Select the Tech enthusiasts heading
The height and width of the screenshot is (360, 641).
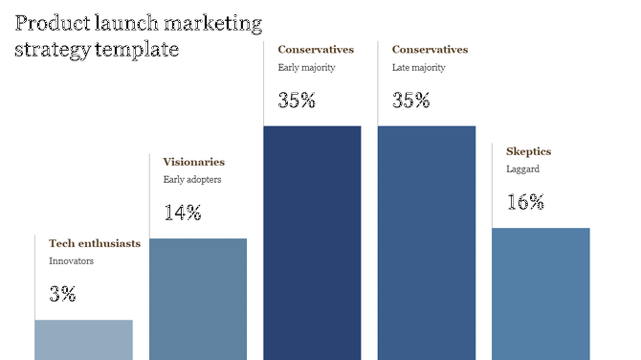point(95,243)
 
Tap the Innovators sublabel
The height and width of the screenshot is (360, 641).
point(72,260)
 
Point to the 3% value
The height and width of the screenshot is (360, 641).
point(62,295)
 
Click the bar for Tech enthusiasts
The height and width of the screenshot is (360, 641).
point(83,339)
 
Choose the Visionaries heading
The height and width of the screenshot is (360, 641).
point(194,162)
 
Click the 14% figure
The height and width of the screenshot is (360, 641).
point(182,214)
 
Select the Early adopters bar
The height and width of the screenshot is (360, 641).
point(198,298)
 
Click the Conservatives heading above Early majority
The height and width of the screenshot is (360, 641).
point(316,49)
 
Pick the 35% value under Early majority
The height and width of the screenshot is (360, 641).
point(297,101)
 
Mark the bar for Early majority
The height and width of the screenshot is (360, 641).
point(312,242)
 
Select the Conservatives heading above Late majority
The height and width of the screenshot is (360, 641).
point(430,49)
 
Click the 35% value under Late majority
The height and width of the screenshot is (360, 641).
point(410,101)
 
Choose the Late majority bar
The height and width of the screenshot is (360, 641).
point(426,242)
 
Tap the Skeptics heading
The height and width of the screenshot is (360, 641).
point(528,151)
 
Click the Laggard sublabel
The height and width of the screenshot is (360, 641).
point(523,169)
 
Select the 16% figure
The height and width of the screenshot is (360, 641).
point(525,202)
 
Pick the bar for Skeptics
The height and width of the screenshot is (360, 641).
point(541,293)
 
